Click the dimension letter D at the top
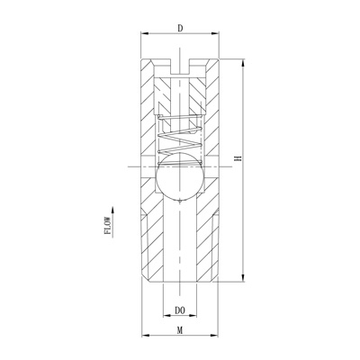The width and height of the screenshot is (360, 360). tap(180, 28)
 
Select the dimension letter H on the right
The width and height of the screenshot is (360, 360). tap(238, 158)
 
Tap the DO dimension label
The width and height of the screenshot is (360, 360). tap(180, 310)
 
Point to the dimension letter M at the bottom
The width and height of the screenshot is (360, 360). tap(180, 330)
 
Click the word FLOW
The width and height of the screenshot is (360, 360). tap(107, 225)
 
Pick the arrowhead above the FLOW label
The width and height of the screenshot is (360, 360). tap(112, 211)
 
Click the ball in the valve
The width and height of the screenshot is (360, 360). tap(180, 177)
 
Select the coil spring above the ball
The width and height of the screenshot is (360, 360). tap(180, 139)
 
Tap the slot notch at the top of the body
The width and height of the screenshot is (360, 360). tap(180, 67)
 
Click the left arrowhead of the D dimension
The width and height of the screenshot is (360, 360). tap(146, 33)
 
